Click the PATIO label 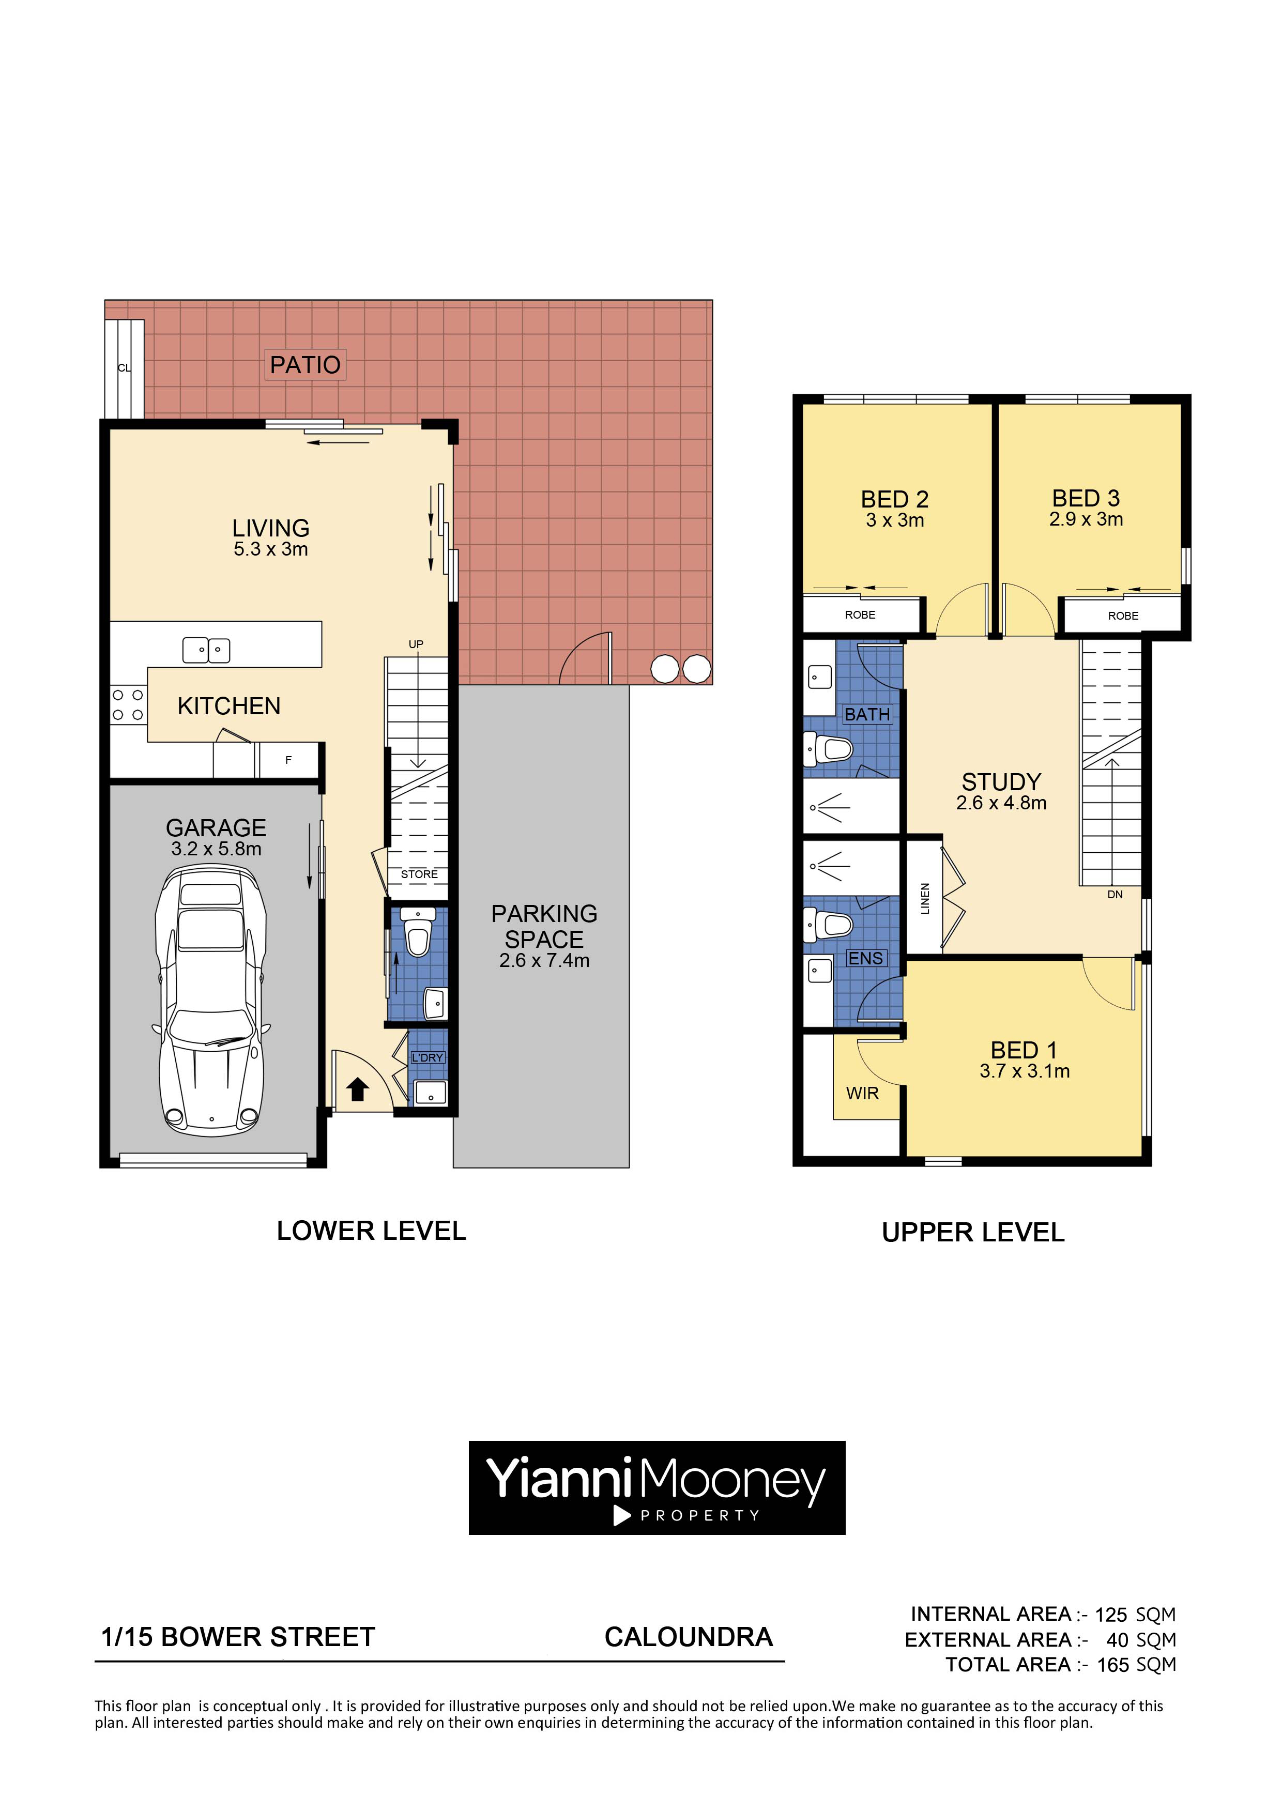coord(305,365)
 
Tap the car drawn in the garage coord(211,1001)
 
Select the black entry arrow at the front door coord(358,1089)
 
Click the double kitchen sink coord(206,650)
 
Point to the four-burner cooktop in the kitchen coord(127,705)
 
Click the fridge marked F coord(288,760)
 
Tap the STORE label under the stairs coord(419,874)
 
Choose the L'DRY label coord(428,1057)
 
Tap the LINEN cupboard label coord(925,899)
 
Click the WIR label coord(863,1094)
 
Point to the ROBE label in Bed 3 coord(1123,616)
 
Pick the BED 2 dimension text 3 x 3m coord(895,520)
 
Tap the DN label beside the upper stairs coord(1115,895)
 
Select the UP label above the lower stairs coord(416,644)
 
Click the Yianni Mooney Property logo coord(657,1488)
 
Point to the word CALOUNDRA coord(688,1637)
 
